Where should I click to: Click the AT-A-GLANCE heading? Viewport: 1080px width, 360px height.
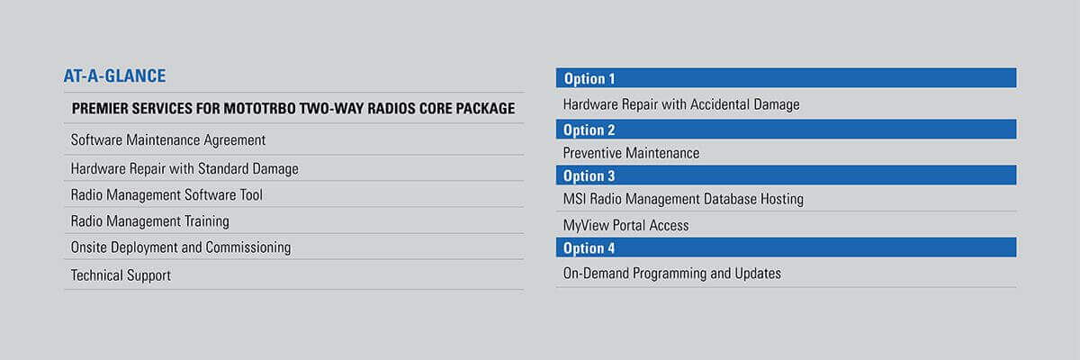click(x=114, y=76)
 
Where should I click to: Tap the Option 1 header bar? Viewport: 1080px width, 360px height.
click(x=786, y=78)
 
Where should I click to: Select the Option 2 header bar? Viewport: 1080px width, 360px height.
click(x=786, y=130)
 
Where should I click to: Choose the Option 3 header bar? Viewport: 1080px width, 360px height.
click(x=786, y=175)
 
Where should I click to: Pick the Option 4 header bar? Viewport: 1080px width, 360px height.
click(x=786, y=247)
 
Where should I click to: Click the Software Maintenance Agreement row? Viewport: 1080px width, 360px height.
click(x=168, y=140)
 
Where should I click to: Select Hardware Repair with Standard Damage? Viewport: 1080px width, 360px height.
click(x=184, y=168)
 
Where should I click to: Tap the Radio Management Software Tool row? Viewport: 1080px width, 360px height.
click(x=166, y=194)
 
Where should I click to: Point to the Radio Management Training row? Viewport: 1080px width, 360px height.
click(x=150, y=220)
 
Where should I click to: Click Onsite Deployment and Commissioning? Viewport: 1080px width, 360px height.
click(x=181, y=247)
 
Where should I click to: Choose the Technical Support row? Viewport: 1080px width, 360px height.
click(x=121, y=274)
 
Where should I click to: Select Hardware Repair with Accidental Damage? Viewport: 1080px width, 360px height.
click(x=681, y=104)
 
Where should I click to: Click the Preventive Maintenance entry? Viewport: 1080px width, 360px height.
click(x=631, y=153)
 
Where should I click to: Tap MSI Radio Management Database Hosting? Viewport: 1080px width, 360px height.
click(x=683, y=199)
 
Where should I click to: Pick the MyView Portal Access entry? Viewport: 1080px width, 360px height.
click(x=625, y=225)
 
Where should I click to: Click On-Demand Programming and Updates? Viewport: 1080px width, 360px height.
click(x=672, y=273)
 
